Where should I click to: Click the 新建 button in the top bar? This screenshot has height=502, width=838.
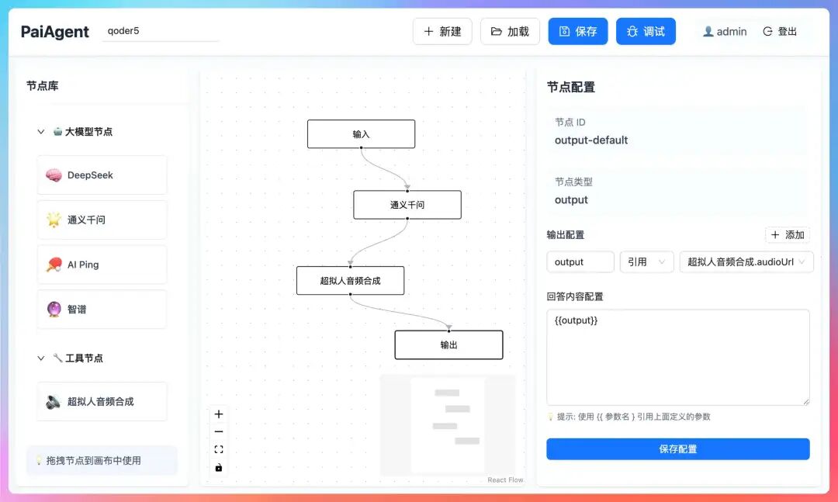pyautogui.click(x=442, y=32)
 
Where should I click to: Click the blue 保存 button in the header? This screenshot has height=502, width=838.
pyautogui.click(x=578, y=32)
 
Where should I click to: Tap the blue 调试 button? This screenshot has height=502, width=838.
pyautogui.click(x=646, y=32)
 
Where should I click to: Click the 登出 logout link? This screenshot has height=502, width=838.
pyautogui.click(x=781, y=32)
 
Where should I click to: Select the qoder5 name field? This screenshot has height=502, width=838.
pyautogui.click(x=161, y=32)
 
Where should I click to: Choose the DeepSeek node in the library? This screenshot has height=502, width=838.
pyautogui.click(x=102, y=175)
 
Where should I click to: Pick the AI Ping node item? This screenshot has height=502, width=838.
pyautogui.click(x=102, y=265)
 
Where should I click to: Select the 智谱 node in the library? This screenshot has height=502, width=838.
pyautogui.click(x=102, y=310)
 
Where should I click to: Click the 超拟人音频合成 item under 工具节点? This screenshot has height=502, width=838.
pyautogui.click(x=102, y=402)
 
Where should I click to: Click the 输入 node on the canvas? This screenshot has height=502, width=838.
pyautogui.click(x=361, y=134)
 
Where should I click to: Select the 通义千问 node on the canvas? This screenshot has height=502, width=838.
pyautogui.click(x=407, y=205)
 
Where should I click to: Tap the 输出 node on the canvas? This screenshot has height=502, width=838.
pyautogui.click(x=448, y=345)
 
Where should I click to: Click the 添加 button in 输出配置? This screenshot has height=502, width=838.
pyautogui.click(x=788, y=235)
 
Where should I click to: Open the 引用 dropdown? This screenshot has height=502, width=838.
pyautogui.click(x=646, y=262)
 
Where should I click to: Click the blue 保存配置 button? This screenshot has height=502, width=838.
pyautogui.click(x=677, y=449)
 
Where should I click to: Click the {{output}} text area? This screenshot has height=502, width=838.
pyautogui.click(x=677, y=357)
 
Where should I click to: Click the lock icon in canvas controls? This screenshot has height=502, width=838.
pyautogui.click(x=219, y=467)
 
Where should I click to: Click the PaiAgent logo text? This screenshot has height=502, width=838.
pyautogui.click(x=55, y=32)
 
